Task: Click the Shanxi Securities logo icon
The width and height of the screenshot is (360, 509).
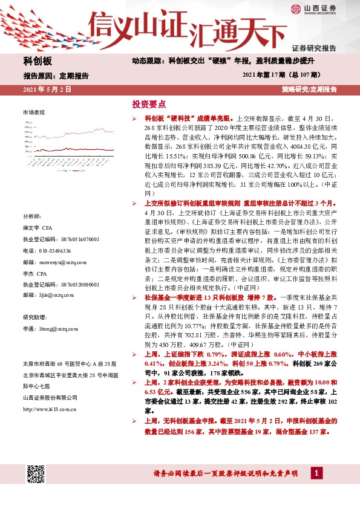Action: pyautogui.click(x=295, y=8)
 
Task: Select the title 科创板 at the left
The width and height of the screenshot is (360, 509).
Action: pyautogui.click(x=38, y=62)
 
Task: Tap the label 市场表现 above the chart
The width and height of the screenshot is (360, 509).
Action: pyautogui.click(x=33, y=113)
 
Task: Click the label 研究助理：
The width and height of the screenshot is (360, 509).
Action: pyautogui.click(x=34, y=317)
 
